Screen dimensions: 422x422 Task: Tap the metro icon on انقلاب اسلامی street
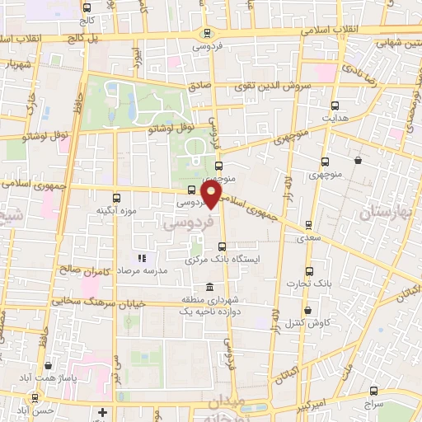pos(206,35)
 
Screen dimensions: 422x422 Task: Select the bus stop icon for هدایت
pos(335,105)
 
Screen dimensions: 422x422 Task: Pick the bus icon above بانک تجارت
pos(309,271)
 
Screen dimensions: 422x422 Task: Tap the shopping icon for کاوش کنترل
pos(307,311)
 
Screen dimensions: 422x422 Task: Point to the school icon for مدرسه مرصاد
pos(140,258)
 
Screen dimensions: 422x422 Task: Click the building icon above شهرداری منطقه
pos(208,287)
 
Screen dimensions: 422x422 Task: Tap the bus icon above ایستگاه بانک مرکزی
pos(221,246)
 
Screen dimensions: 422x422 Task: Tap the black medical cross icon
pos(102,411)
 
